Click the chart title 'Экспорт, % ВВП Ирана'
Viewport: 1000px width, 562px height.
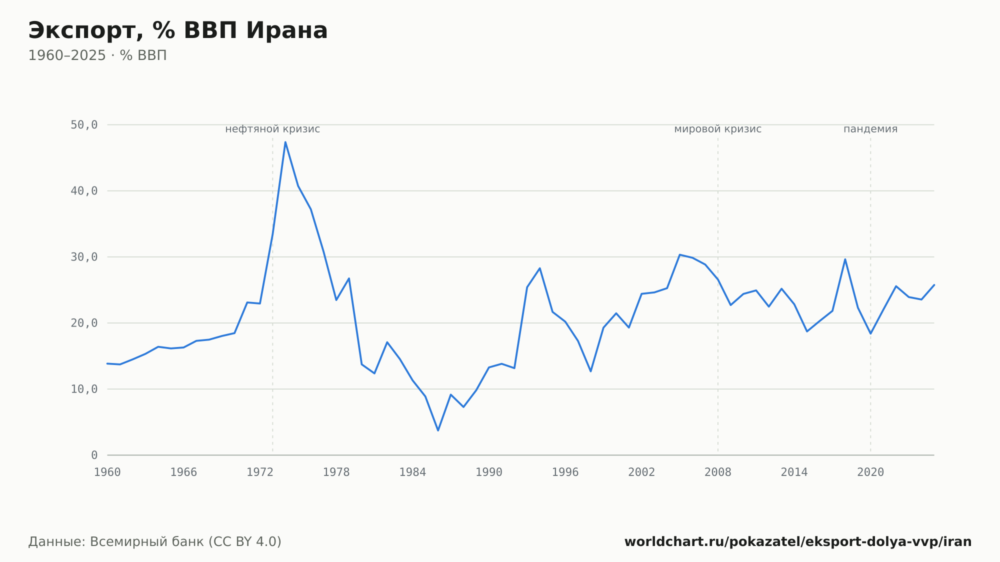click(x=178, y=30)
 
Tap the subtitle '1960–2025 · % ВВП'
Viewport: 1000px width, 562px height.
click(x=97, y=55)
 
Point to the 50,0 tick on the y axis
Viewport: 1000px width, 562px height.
click(x=84, y=125)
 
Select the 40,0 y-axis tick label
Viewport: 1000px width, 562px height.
click(x=84, y=191)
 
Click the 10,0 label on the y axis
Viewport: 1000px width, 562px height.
click(x=84, y=389)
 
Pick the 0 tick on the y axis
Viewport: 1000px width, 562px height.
click(x=94, y=455)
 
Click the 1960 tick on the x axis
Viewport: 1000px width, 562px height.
click(x=107, y=472)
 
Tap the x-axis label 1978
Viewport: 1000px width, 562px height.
click(x=336, y=472)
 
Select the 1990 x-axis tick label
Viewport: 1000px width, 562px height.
click(x=489, y=472)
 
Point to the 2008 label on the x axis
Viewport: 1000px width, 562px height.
click(x=718, y=472)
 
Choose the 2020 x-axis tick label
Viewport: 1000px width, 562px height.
click(x=870, y=472)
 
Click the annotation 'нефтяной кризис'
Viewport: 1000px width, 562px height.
click(x=272, y=129)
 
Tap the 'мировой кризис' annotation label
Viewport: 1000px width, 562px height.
click(x=718, y=129)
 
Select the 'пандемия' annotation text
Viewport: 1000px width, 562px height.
click(x=870, y=129)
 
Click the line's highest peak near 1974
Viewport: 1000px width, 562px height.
click(x=285, y=142)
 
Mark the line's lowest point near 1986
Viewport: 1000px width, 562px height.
click(x=438, y=430)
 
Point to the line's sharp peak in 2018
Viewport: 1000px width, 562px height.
click(x=845, y=259)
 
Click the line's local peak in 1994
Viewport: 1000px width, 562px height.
click(x=540, y=268)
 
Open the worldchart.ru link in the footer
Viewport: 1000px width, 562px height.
click(x=798, y=542)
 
